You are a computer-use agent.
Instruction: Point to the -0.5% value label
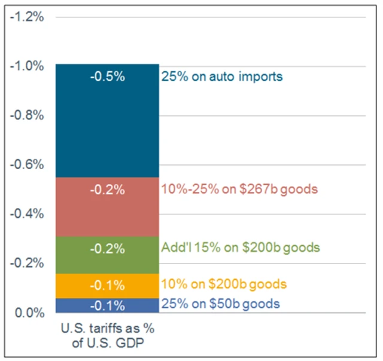108,77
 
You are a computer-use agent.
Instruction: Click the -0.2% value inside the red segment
108,190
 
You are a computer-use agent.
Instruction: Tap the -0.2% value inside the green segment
108,248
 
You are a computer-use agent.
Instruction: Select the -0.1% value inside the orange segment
108,284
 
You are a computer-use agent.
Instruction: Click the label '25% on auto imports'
221,77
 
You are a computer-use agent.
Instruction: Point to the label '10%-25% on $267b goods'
239,190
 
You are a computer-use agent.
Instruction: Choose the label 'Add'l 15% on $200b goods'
241,247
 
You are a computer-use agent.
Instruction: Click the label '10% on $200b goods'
224,284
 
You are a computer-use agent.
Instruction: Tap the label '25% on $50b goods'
220,304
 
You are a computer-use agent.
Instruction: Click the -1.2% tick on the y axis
28,16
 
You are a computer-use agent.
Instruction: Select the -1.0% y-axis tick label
28,66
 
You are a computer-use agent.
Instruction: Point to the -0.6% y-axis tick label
28,164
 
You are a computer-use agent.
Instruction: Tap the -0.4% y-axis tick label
28,214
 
